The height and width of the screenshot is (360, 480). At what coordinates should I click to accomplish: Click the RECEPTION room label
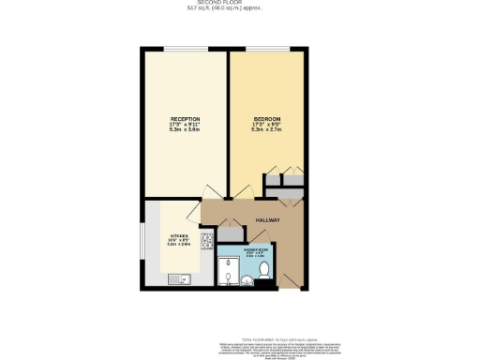click(x=185, y=119)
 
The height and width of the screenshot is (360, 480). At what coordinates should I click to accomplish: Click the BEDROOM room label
click(x=265, y=119)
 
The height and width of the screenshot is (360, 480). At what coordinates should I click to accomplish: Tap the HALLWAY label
click(x=268, y=219)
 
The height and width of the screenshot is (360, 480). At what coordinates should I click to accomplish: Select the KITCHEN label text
click(x=179, y=236)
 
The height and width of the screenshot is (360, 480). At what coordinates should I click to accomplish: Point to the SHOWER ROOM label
click(x=256, y=250)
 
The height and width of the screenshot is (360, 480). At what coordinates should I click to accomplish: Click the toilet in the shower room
click(x=265, y=270)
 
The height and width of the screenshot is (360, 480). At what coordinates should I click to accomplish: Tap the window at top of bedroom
click(x=272, y=49)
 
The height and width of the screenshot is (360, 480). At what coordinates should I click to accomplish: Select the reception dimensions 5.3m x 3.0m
click(x=185, y=129)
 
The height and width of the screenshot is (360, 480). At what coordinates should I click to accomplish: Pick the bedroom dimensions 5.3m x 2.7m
click(x=265, y=129)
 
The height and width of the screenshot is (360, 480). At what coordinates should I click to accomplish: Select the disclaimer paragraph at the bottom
click(x=282, y=349)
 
